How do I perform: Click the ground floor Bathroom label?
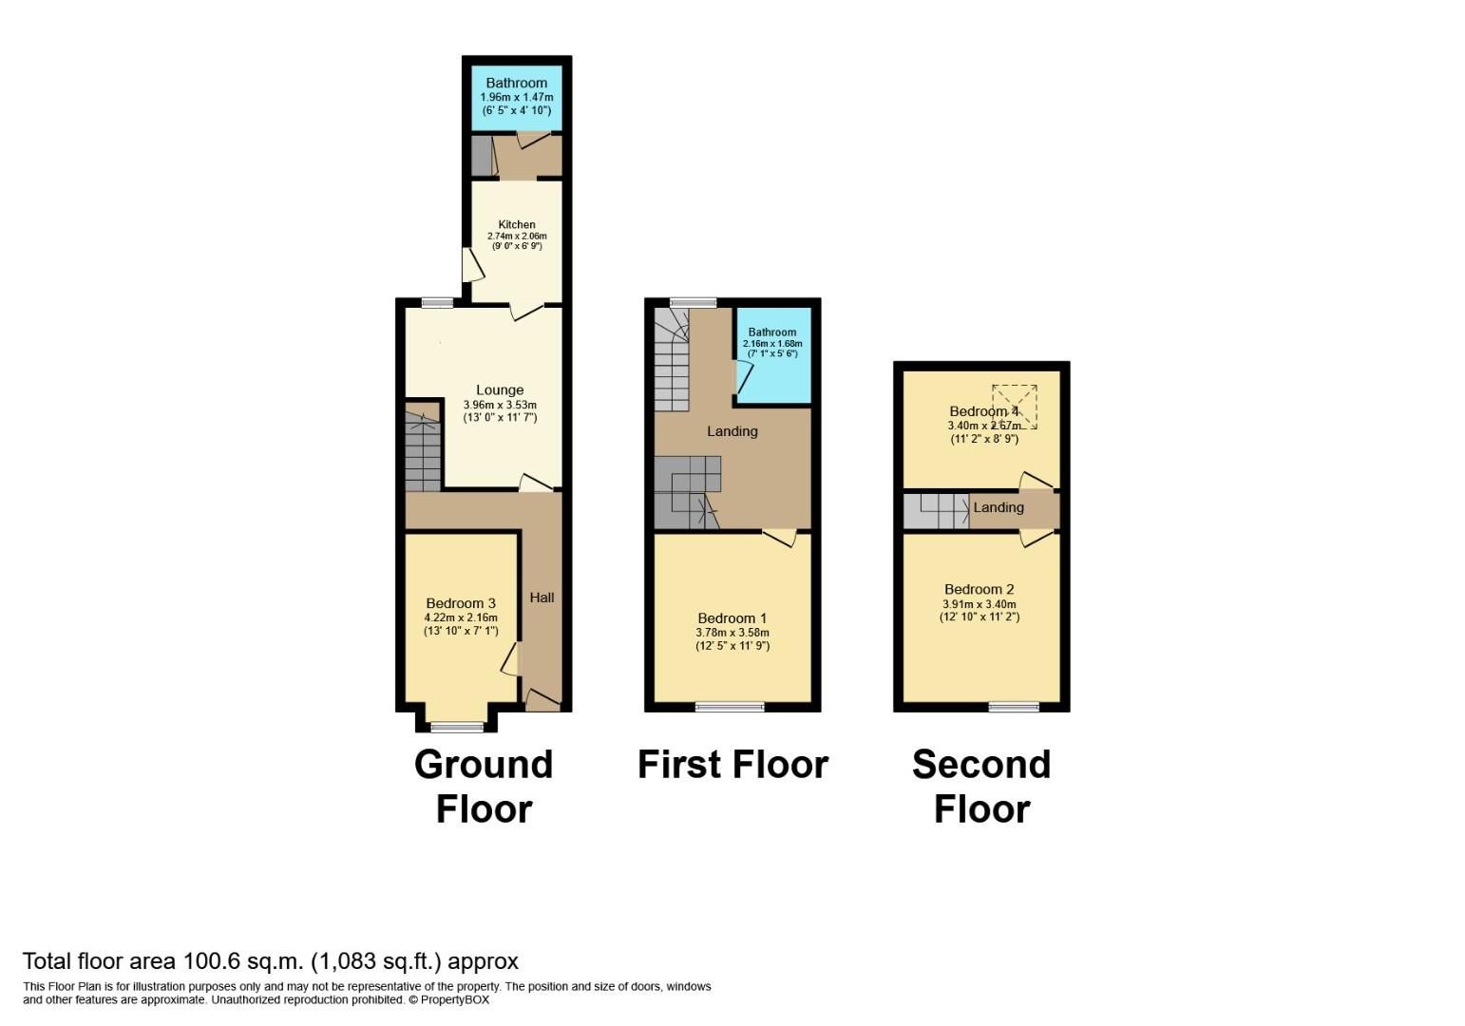pos(516,83)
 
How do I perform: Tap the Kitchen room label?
pos(516,224)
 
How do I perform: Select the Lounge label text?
pos(500,389)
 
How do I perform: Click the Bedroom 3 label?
pos(461,603)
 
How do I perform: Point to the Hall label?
pos(542,597)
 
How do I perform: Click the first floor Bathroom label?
pos(771,332)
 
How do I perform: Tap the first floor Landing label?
pos(732,431)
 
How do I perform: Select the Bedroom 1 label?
pos(732,618)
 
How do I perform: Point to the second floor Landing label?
pos(999,507)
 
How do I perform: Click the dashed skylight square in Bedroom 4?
pos(1015,407)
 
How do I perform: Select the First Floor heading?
pos(732,764)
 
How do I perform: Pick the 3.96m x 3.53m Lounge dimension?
pos(500,405)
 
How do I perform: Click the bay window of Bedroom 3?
pos(457,727)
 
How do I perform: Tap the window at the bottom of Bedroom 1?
pos(730,706)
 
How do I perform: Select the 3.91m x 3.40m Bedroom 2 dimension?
pos(980,604)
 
